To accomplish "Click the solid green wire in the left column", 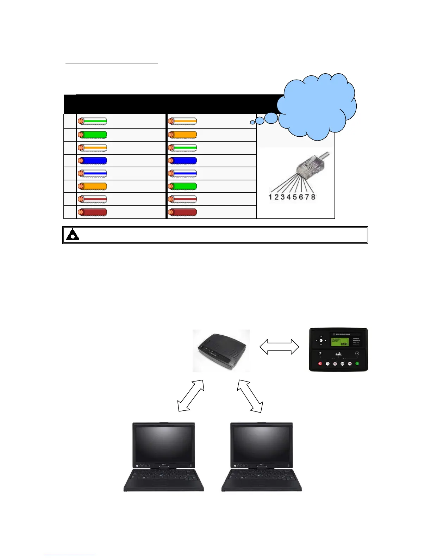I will (92, 135).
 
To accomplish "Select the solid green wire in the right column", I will (182, 186).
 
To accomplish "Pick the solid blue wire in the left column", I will (92, 161).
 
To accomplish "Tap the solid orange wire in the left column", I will (92, 186).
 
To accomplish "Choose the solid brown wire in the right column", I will (182, 212).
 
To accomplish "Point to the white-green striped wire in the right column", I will (182, 148).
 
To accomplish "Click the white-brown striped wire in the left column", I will (92, 199).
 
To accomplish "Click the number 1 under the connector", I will (270, 197).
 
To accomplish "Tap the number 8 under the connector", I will (313, 197).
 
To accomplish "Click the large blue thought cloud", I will (317, 106).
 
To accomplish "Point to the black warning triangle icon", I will (73, 235).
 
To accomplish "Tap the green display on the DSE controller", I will (340, 342).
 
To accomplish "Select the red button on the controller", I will (320, 364).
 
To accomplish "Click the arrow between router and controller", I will (279, 347).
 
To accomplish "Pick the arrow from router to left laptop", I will (191, 395).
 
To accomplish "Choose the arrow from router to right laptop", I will (250, 396).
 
